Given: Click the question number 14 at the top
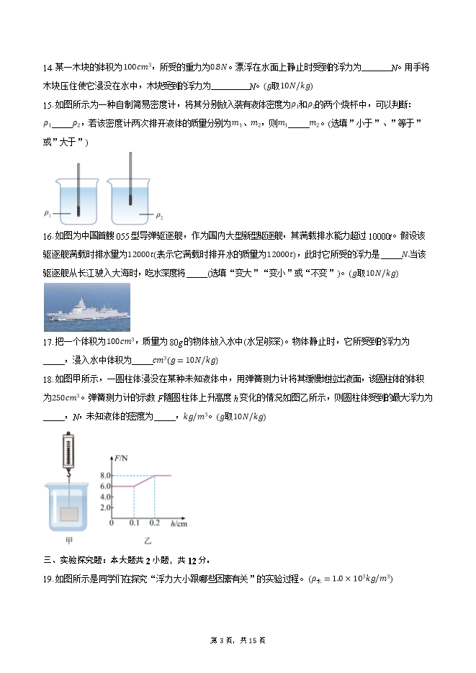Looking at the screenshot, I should click(48, 68).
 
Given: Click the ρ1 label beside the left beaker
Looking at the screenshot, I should click(48, 214).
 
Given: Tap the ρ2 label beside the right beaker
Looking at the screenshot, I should click(160, 215).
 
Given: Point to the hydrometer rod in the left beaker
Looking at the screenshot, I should click(76, 184).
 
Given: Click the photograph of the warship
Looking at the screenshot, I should click(87, 307).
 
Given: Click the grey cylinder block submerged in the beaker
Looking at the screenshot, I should click(70, 515).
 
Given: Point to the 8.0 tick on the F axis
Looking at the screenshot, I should click(105, 476).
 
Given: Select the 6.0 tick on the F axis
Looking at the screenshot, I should click(105, 487).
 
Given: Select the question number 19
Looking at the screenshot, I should click(48, 579).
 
